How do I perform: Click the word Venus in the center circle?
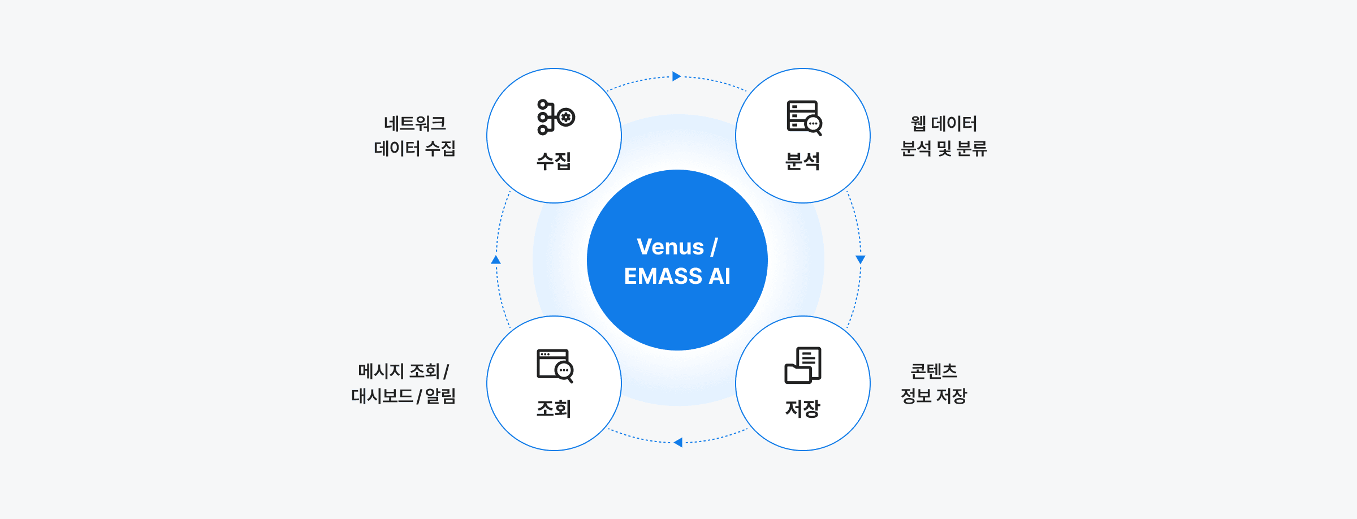click(x=670, y=247)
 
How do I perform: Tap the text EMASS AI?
click(x=677, y=276)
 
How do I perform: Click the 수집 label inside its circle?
click(x=554, y=161)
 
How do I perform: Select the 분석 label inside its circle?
click(x=802, y=161)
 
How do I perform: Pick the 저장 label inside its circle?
click(x=802, y=408)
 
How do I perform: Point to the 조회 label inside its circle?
click(x=554, y=408)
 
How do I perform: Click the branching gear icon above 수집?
click(x=555, y=117)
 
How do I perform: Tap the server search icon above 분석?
click(x=804, y=118)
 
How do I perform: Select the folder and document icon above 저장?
click(x=803, y=365)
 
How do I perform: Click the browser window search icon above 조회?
click(x=555, y=365)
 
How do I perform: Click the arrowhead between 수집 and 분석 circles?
click(x=676, y=76)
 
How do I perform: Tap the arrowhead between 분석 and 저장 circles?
click(x=861, y=259)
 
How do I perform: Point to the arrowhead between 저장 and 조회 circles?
click(x=678, y=442)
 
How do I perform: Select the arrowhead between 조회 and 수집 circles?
click(x=496, y=260)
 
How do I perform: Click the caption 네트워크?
click(x=415, y=123)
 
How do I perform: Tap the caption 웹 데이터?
click(x=944, y=123)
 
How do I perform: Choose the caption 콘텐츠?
click(x=934, y=371)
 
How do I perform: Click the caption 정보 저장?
click(x=934, y=396)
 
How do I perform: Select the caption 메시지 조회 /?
click(x=403, y=371)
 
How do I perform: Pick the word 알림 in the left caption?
click(x=440, y=396)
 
